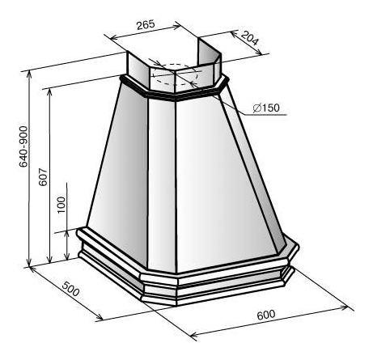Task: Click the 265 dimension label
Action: click(x=146, y=24)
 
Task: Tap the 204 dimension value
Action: click(x=250, y=38)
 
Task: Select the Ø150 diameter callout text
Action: click(x=266, y=108)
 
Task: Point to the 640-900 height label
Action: click(x=23, y=146)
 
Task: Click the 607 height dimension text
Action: click(x=43, y=177)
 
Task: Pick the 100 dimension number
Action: click(x=61, y=205)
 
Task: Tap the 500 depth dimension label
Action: click(x=70, y=289)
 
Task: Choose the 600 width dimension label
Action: click(x=266, y=315)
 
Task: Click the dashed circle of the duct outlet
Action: click(x=176, y=75)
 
